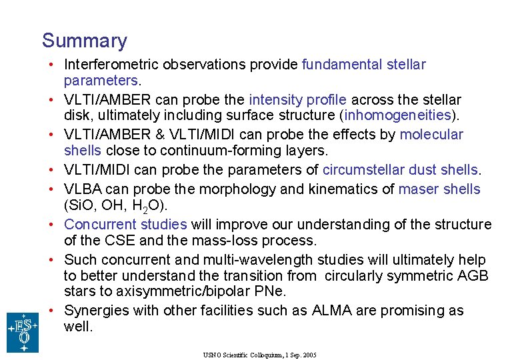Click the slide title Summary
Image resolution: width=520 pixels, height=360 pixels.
click(x=84, y=41)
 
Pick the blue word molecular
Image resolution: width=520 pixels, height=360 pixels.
click(x=431, y=135)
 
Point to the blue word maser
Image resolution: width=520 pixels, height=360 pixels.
click(x=417, y=189)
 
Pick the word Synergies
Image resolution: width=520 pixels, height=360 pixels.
click(x=95, y=311)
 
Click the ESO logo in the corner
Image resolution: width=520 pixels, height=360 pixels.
click(x=23, y=332)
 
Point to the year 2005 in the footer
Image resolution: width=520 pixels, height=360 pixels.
click(x=309, y=355)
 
